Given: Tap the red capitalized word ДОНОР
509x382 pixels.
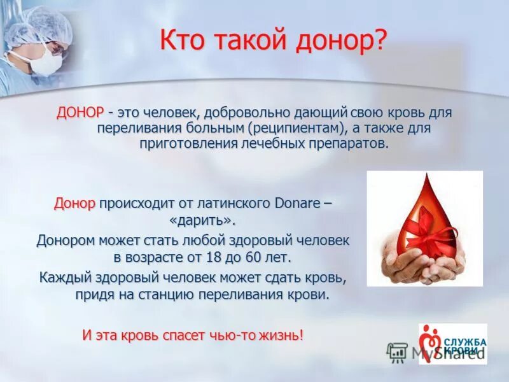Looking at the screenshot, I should click(x=80, y=113).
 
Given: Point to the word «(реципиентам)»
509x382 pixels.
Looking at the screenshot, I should click(x=297, y=128).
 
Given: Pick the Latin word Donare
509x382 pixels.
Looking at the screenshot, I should click(x=298, y=204).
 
